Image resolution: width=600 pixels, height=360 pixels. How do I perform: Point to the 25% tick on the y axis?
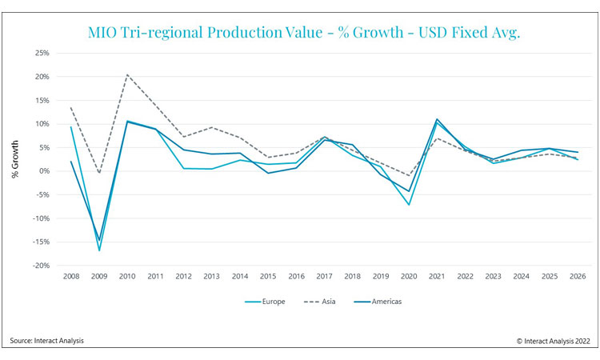tap(42, 54)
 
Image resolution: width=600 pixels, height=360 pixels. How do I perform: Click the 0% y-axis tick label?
tap(44, 171)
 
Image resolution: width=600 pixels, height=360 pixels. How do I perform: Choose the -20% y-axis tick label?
tap(40, 266)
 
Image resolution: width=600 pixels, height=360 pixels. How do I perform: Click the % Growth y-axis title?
tap(15, 160)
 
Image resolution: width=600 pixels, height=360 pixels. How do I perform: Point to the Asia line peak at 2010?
tap(128, 75)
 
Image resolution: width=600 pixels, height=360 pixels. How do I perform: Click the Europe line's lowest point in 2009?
tap(100, 250)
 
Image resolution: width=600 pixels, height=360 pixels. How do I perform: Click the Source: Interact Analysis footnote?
tap(47, 342)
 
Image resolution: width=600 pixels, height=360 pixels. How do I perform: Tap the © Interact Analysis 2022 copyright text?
tap(550, 342)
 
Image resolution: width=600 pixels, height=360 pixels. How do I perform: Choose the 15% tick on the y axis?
tap(42, 101)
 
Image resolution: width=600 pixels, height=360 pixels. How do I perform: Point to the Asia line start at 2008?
tap(71, 108)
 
